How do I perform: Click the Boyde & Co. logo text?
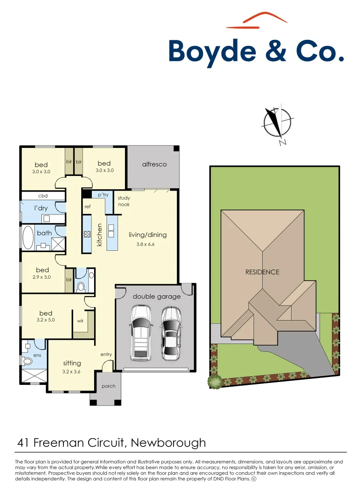point(256,51)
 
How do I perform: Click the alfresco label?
point(154,164)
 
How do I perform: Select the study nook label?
point(124,201)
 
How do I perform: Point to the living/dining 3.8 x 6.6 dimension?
point(145,244)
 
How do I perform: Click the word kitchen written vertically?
point(100,235)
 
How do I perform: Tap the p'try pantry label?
point(103,195)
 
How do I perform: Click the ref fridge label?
point(88,207)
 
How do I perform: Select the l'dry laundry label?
point(41,208)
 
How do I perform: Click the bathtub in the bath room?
point(28,237)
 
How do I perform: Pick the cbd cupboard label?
point(43,196)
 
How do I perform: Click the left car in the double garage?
point(141,333)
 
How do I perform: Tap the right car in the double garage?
point(170,333)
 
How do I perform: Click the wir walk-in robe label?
point(80,321)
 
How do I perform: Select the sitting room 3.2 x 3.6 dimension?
point(72,372)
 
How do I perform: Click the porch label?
point(109,386)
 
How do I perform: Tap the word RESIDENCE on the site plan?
point(262,272)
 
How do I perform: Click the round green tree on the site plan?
point(214,381)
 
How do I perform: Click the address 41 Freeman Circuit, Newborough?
point(112,443)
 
